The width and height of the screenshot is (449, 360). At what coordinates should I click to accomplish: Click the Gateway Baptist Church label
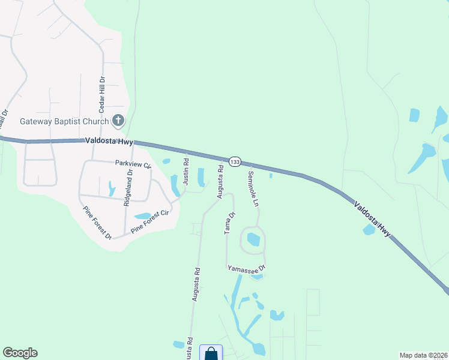coord(64,121)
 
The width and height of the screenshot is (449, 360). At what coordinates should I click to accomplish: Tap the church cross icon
coord(118,121)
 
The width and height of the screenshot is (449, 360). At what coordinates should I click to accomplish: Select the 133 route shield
coord(235,162)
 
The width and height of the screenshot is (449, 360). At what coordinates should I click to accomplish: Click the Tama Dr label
coord(229,223)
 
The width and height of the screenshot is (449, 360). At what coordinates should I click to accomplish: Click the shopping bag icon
coord(211,353)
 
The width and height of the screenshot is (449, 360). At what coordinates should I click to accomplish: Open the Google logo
coord(20,353)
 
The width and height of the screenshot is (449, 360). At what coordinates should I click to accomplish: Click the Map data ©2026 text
coord(423,355)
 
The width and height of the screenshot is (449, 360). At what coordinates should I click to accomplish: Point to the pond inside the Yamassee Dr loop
coord(253,239)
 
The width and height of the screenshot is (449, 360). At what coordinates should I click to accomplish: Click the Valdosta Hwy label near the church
coord(106,140)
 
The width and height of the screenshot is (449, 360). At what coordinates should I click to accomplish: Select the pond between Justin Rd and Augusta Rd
coord(201,176)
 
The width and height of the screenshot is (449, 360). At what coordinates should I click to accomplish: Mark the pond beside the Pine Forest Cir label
coord(142,216)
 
